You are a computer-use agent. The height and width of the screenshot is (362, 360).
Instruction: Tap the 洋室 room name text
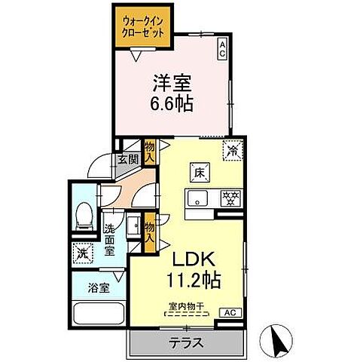(x=170, y=81)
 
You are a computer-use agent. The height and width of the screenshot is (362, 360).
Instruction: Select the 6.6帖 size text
(x=170, y=103)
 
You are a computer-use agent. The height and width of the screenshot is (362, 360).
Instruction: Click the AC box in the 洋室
(x=223, y=50)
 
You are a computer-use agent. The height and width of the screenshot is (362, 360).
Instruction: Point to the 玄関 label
(x=127, y=159)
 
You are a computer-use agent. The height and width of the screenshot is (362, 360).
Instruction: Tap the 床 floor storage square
(x=202, y=172)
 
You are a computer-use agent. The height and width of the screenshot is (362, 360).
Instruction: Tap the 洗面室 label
(x=110, y=241)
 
